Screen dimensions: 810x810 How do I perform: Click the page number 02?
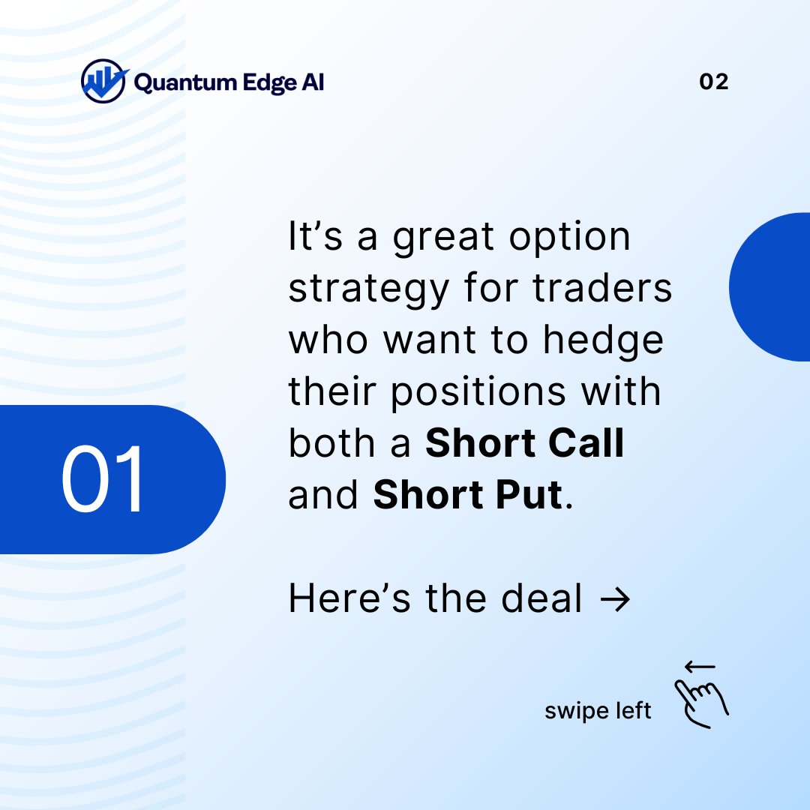click(x=713, y=82)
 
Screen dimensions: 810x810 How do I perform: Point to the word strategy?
click(x=369, y=290)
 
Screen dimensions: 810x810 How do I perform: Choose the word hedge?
click(x=604, y=342)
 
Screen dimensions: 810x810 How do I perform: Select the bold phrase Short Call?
click(x=525, y=444)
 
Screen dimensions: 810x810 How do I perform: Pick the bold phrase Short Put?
click(x=467, y=495)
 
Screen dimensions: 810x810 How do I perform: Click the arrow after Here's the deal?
click(x=615, y=599)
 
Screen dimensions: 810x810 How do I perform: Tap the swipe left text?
click(x=598, y=710)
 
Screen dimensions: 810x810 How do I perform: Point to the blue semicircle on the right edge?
click(x=772, y=286)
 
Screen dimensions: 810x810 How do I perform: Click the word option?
click(x=569, y=238)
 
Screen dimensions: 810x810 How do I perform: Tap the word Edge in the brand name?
click(x=268, y=82)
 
